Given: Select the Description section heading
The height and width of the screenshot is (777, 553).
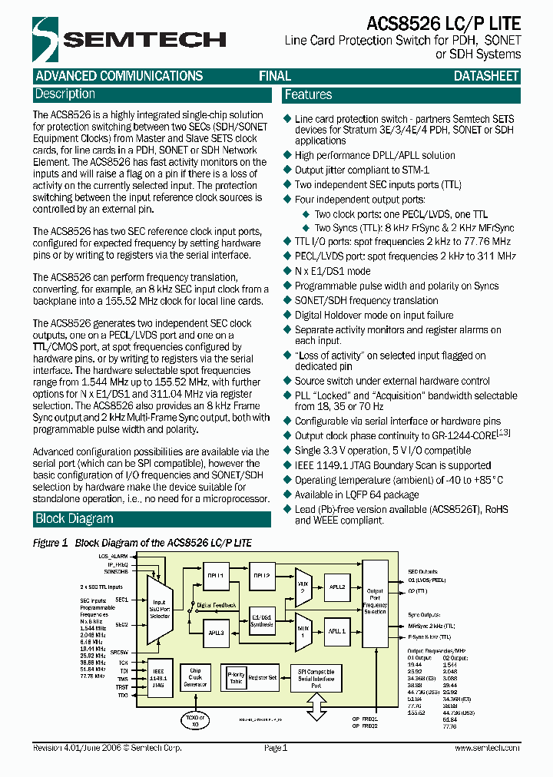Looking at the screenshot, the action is point(65,94).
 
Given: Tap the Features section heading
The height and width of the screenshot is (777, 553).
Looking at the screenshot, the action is point(308,95).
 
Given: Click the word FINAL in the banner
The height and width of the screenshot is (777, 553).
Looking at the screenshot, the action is point(274,76).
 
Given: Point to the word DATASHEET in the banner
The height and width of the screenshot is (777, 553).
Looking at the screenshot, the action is point(486,76).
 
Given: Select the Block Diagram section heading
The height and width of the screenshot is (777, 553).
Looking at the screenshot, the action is point(75,519).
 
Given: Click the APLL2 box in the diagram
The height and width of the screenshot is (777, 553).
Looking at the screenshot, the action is point(336,586).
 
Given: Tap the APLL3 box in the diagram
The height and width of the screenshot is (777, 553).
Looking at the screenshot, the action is point(216,633).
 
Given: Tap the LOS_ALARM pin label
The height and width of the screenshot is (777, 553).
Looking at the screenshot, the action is point(113,555).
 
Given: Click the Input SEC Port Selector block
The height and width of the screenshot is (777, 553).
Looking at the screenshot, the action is point(160,611).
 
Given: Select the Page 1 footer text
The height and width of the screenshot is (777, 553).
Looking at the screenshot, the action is point(275,748).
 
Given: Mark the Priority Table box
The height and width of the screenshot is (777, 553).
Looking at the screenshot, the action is point(237,676).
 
